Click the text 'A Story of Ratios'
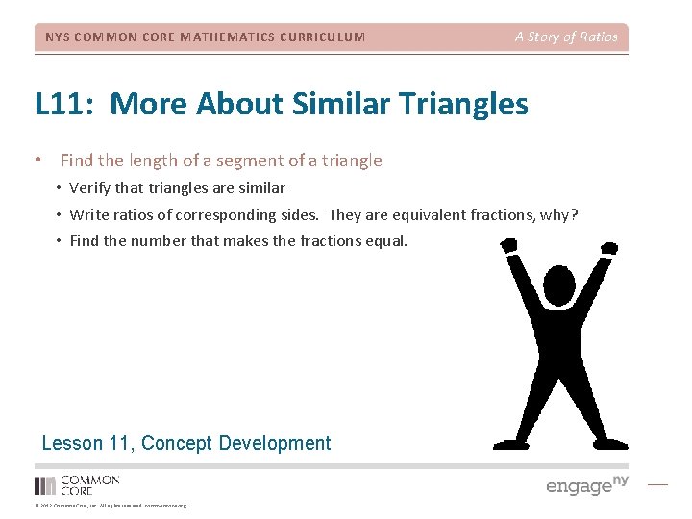[565, 37]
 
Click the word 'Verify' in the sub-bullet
[90, 188]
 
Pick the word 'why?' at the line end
[558, 214]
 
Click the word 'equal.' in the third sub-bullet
[386, 240]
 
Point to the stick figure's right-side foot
[612, 443]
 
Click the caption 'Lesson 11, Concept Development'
[186, 443]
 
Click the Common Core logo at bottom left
[77, 484]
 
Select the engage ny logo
[586, 484]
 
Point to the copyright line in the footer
[111, 506]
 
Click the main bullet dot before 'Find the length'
[37, 161]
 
